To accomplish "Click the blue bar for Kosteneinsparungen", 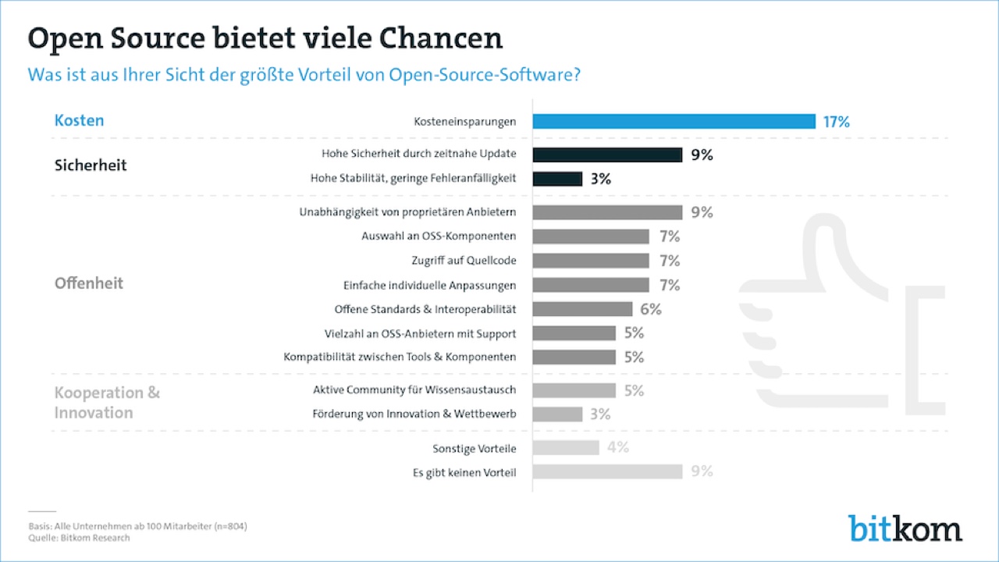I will [674, 121].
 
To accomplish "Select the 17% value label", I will [836, 122].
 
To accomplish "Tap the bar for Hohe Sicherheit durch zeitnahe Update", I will [607, 155].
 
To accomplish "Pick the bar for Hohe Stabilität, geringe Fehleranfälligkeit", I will [557, 179].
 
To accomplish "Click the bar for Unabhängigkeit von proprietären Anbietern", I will [607, 212].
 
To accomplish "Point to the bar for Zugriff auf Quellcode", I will [591, 261].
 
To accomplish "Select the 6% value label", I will [649, 309].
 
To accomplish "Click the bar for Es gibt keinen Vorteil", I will [607, 471].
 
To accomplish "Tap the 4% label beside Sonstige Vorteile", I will [617, 447].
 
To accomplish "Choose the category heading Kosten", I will [79, 120].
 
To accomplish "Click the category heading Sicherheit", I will [91, 165].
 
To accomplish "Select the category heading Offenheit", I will [89, 283].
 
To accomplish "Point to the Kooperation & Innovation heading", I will [107, 402].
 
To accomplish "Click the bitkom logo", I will [905, 528].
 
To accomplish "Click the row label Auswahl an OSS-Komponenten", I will [439, 236].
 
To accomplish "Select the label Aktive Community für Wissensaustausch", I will [414, 389].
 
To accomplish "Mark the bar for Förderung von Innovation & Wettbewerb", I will [557, 414].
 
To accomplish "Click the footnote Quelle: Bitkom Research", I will [79, 538].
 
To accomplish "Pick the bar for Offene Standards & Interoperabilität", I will [582, 309].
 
